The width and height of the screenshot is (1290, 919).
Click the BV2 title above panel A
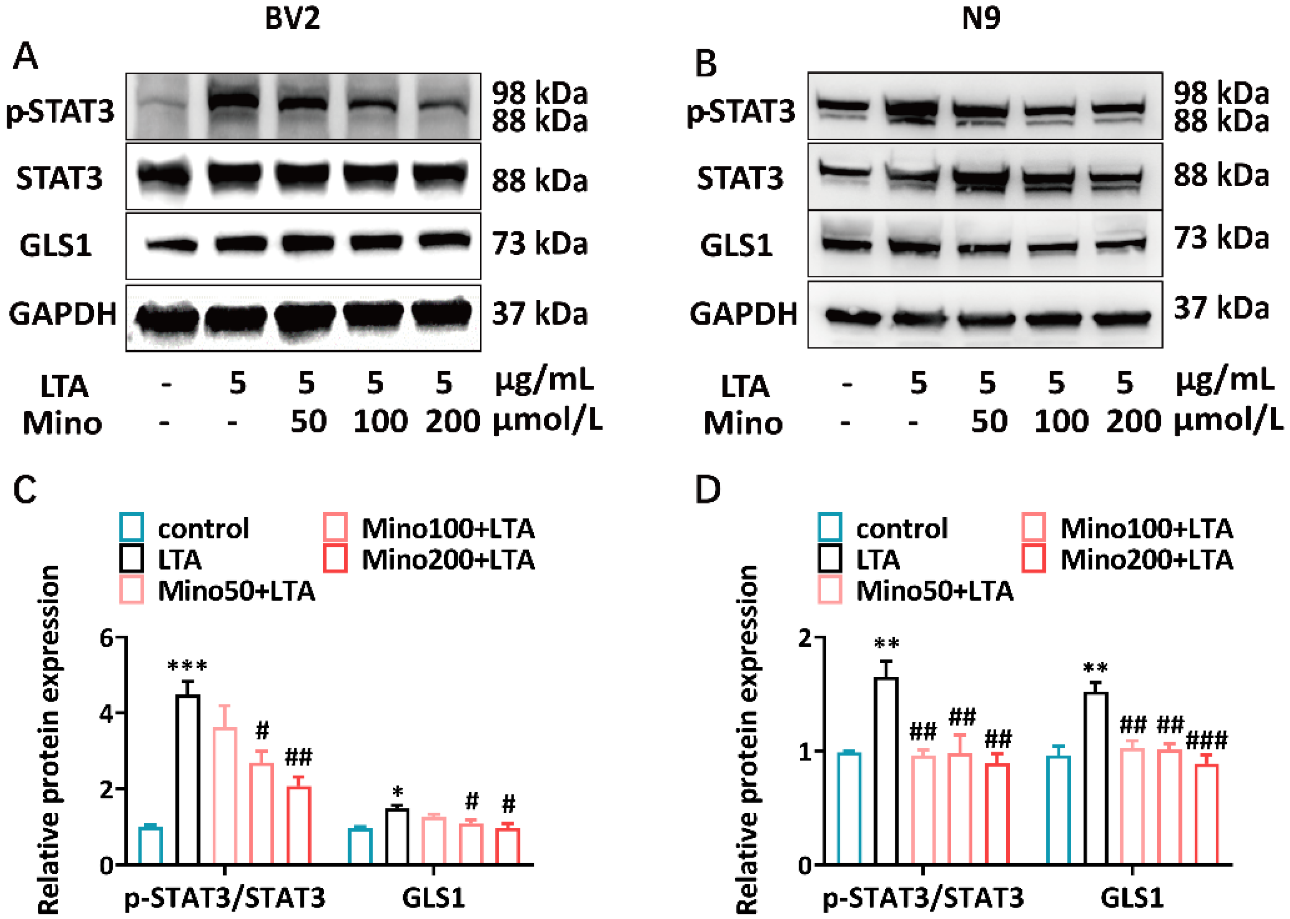(x=292, y=18)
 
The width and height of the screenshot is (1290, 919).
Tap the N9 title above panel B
(x=981, y=18)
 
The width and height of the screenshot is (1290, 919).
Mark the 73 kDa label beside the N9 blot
(x=1220, y=238)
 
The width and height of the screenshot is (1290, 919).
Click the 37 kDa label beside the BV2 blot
(x=539, y=314)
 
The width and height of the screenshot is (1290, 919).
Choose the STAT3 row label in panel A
(x=60, y=179)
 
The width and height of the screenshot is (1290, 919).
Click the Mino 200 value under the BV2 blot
(x=452, y=422)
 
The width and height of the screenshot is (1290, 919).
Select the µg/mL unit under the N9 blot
(x=1225, y=380)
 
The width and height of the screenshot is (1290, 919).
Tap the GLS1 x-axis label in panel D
(x=1132, y=897)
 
